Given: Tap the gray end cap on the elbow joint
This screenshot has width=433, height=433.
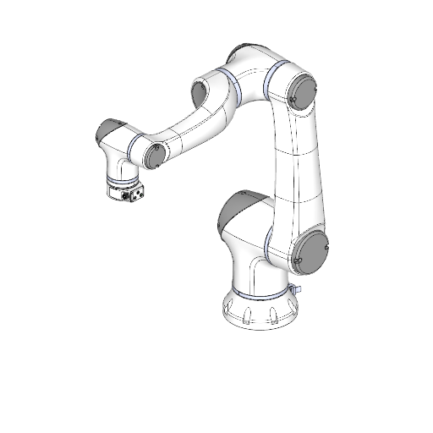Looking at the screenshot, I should pyautogui.click(x=301, y=90).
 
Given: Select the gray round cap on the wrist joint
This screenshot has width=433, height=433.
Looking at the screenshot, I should pyautogui.click(x=154, y=154).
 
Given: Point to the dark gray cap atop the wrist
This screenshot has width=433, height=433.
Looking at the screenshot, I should pyautogui.click(x=107, y=130).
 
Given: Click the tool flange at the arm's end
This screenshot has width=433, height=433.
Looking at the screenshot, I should pyautogui.click(x=125, y=191).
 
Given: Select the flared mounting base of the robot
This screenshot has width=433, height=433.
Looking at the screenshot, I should pyautogui.click(x=258, y=313).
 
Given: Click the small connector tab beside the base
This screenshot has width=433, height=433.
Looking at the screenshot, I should pyautogui.click(x=297, y=289).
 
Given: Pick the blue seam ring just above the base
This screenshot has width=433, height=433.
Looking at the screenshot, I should pyautogui.click(x=258, y=295).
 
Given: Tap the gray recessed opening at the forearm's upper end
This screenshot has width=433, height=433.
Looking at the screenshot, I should pyautogui.click(x=200, y=92).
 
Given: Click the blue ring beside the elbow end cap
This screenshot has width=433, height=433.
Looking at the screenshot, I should pyautogui.click(x=271, y=82).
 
